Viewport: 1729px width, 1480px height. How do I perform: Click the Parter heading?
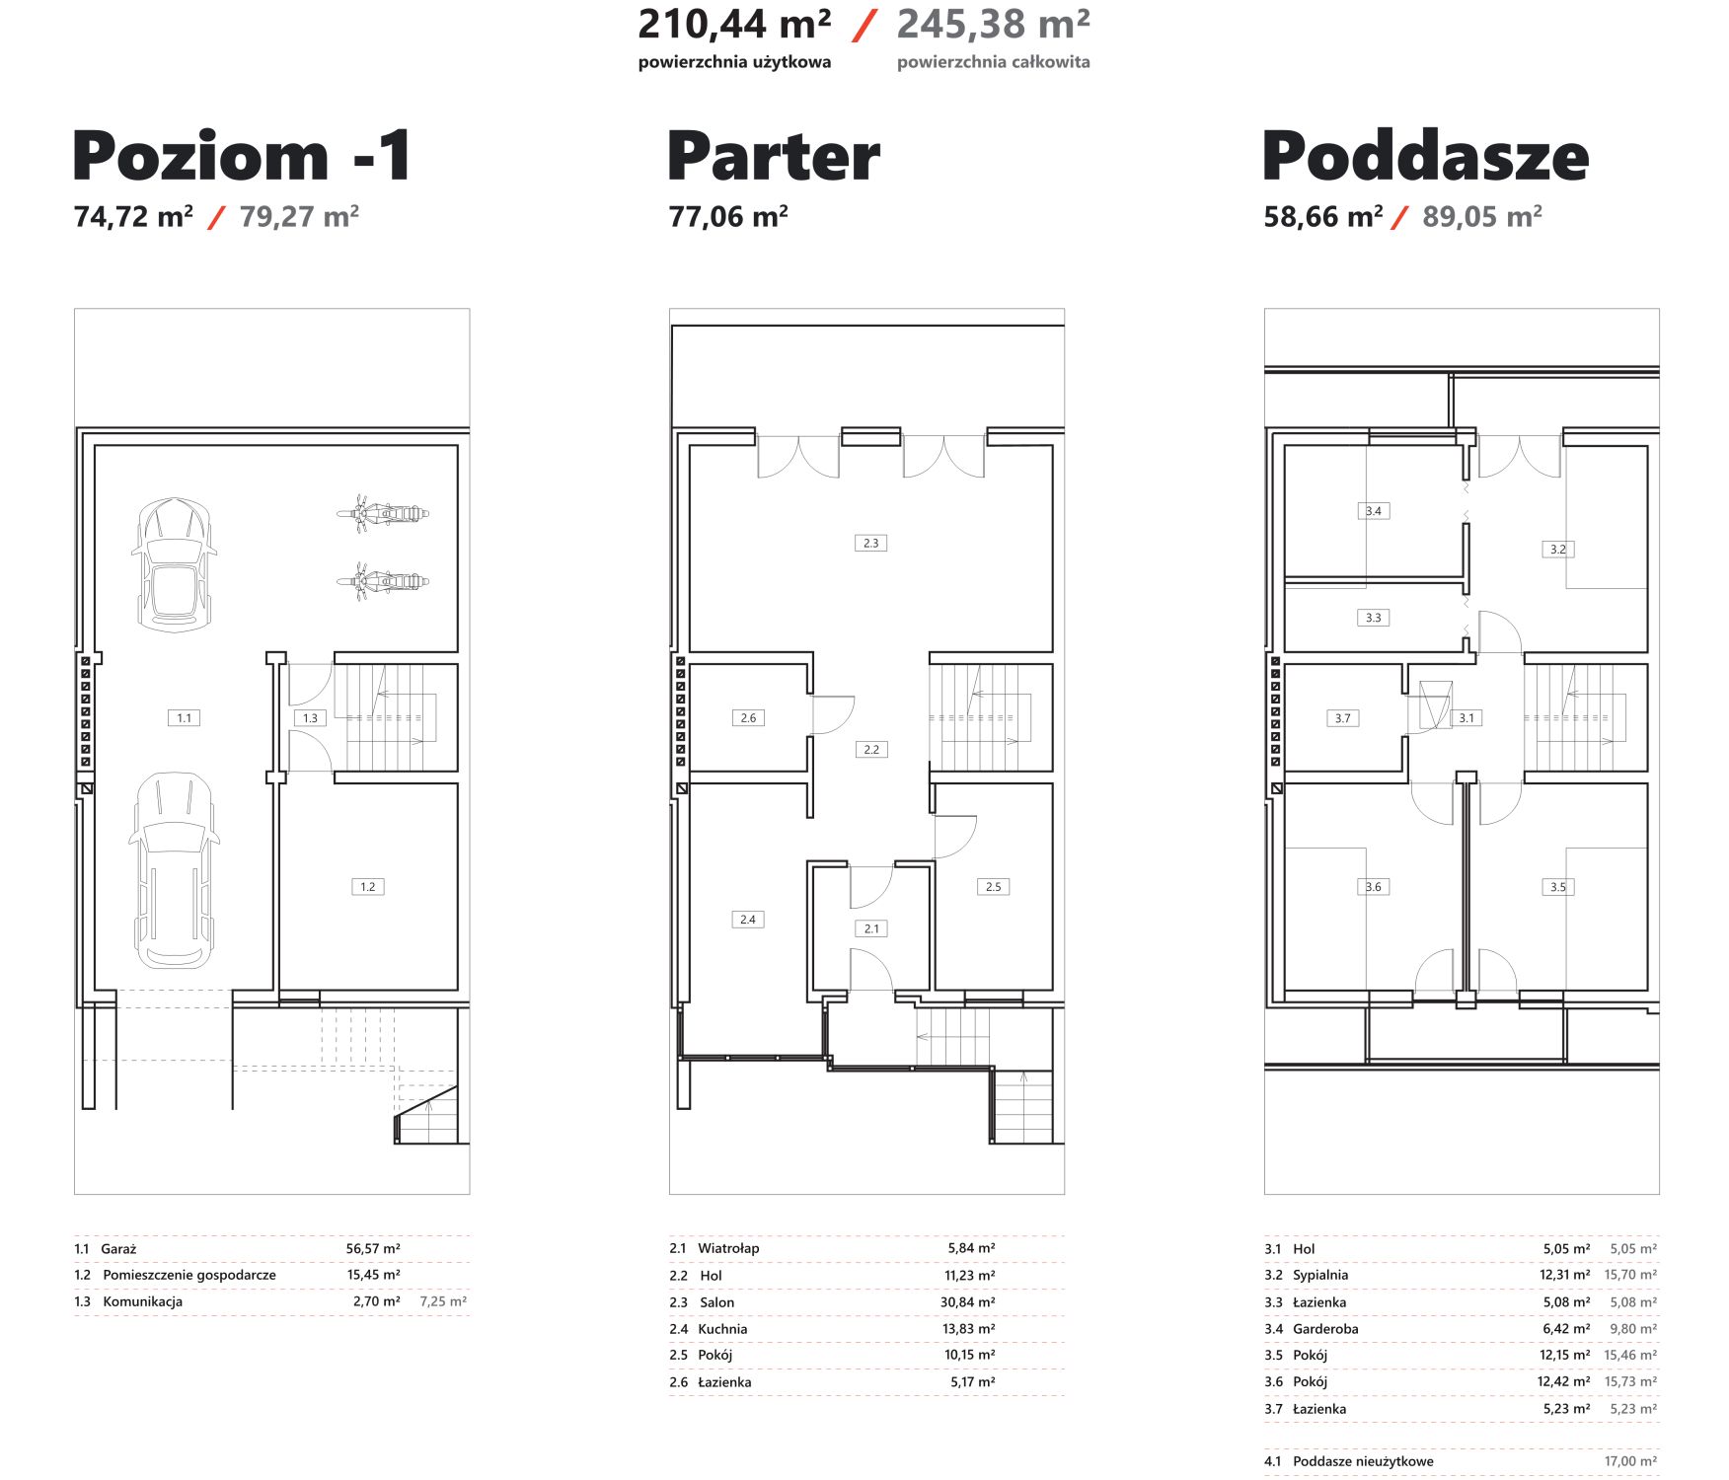coord(774,156)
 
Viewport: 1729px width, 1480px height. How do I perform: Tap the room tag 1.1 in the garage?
coord(185,718)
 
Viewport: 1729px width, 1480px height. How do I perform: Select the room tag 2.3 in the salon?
coord(870,543)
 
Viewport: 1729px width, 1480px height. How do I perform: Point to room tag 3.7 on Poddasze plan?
coord(1343,718)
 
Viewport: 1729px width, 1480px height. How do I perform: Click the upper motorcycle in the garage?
coord(383,513)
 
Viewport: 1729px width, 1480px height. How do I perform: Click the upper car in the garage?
coord(174,564)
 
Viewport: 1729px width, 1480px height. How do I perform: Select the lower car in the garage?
coord(174,870)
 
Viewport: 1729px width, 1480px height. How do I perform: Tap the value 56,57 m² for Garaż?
coord(373,1249)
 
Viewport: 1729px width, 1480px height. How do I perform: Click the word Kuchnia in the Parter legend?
coord(722,1329)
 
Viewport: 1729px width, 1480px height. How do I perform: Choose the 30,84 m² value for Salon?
coord(968,1302)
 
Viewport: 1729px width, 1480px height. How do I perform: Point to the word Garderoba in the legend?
coord(1325,1329)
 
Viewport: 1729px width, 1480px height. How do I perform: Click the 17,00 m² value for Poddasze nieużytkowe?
coord(1630,1461)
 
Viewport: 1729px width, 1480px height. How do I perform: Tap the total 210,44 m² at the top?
coord(734,25)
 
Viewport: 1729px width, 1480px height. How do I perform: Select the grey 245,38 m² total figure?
coord(993,25)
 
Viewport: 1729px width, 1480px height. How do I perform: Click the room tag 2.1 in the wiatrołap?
coord(871,928)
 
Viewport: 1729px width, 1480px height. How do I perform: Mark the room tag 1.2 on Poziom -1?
coord(368,887)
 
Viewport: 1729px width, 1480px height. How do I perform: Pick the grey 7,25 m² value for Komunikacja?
coord(443,1301)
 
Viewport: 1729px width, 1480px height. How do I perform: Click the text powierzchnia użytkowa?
coord(734,62)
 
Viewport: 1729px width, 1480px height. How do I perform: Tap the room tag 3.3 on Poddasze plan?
coord(1374,618)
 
